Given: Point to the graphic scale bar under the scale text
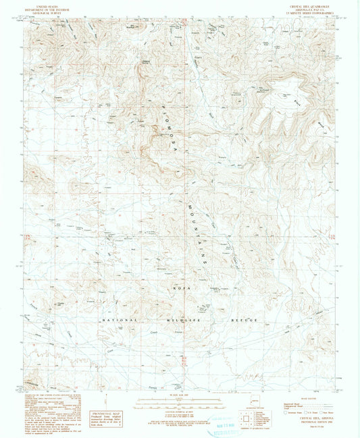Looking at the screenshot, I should click(x=180, y=403).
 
